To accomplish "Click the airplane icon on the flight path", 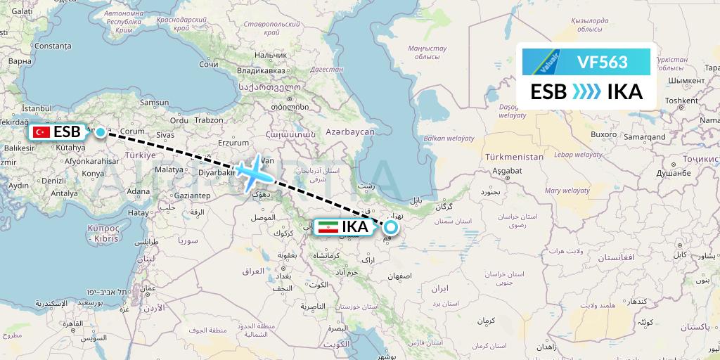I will tap(252, 171).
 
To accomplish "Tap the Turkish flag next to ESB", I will tap(41, 131).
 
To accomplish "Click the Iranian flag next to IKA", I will tap(327, 227).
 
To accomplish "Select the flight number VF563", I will tap(602, 62).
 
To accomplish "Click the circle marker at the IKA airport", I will tap(390, 227).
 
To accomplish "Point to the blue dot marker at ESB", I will tap(101, 131).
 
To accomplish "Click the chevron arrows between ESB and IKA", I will tap(586, 92).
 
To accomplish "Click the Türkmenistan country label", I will tap(514, 157).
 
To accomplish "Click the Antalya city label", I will tap(64, 193).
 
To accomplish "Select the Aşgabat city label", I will tap(505, 171).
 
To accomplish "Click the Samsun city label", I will tap(155, 102).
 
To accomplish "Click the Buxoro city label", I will tap(584, 134).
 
